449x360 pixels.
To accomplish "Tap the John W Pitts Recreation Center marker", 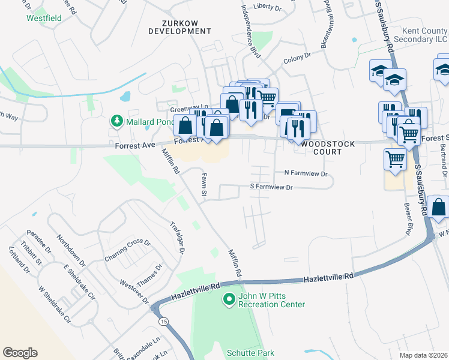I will [x=228, y=298].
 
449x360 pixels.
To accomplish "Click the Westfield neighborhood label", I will [x=44, y=18].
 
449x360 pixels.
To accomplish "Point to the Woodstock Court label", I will [x=328, y=148].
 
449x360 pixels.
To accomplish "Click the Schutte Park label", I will [x=250, y=353].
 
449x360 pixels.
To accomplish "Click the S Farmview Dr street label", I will [x=271, y=187].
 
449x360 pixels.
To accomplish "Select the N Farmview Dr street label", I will [x=306, y=173].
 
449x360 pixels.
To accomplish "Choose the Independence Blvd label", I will [x=250, y=31].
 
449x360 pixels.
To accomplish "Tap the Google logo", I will [x=20, y=353].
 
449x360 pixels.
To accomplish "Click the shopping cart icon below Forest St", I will [x=395, y=159].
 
